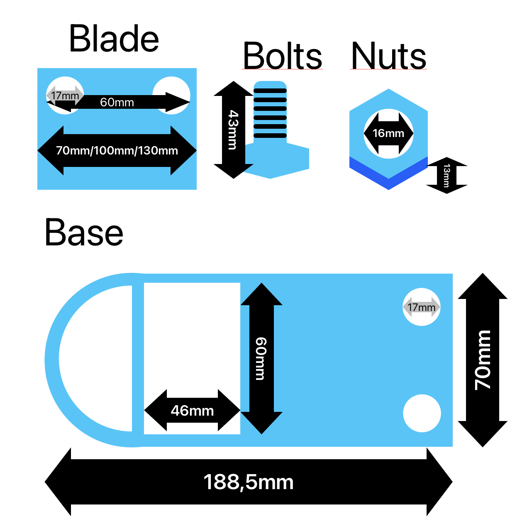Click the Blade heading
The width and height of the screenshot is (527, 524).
point(114,39)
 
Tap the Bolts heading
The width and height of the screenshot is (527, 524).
point(282,56)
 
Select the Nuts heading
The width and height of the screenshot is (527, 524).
point(388,56)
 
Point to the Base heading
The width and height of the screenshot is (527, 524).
point(84,233)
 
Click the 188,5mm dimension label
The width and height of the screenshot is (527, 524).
point(248,482)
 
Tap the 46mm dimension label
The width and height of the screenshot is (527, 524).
point(192,411)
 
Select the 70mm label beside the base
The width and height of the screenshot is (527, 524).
point(483,360)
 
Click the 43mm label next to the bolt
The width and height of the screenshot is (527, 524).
point(233,130)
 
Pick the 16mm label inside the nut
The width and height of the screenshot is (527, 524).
point(388,133)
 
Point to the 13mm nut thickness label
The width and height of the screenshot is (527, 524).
point(446,176)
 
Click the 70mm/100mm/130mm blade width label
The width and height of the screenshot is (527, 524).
point(117,150)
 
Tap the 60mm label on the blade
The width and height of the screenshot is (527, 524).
point(117,102)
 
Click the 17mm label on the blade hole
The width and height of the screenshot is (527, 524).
point(65,95)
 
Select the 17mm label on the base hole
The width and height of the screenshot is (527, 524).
point(421,307)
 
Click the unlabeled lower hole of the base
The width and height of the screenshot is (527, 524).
point(422,413)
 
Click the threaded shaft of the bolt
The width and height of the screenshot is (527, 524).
point(270,112)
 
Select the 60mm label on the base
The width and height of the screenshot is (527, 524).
point(261,358)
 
